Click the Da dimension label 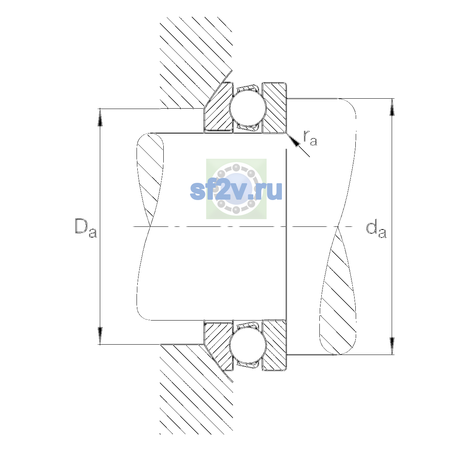[x=86, y=228]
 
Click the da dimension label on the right [x=376, y=230]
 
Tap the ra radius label [x=310, y=138]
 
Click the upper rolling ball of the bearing [x=248, y=107]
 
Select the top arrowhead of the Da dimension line [x=100, y=117]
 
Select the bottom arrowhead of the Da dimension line [x=100, y=336]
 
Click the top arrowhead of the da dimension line [x=392, y=107]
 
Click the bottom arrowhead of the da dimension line [x=392, y=346]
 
